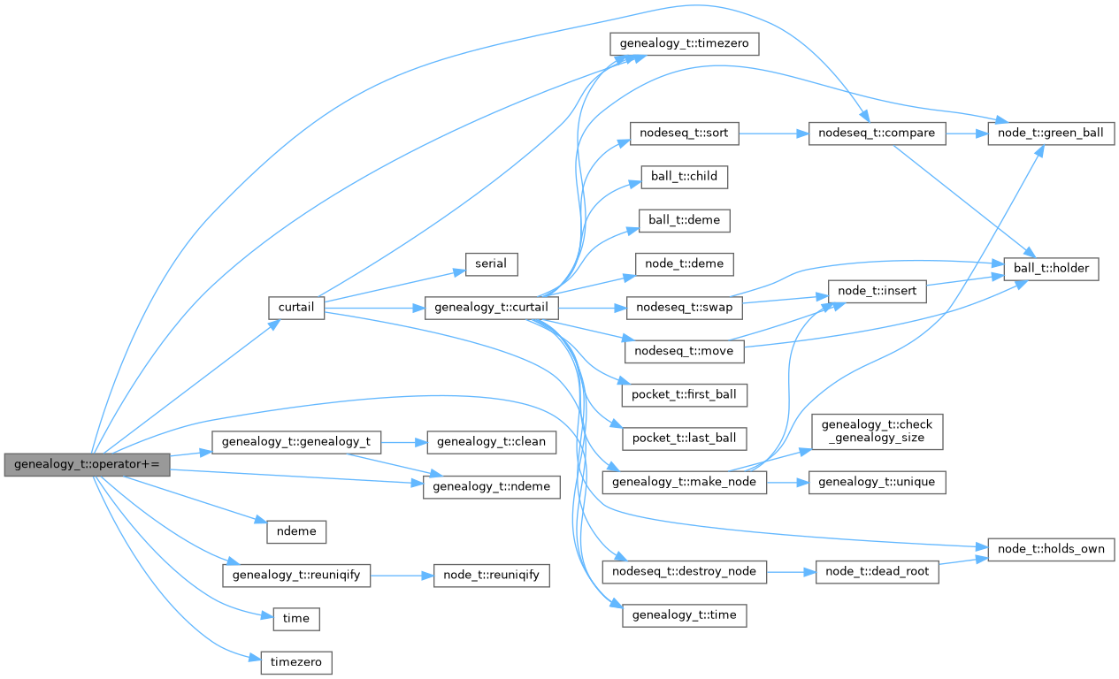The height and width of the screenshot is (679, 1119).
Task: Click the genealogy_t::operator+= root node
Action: pyautogui.click(x=86, y=465)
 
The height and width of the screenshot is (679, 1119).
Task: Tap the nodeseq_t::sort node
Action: pyautogui.click(x=684, y=134)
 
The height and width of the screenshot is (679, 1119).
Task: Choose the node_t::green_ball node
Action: pyautogui.click(x=1050, y=134)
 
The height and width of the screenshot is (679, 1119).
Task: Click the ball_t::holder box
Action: pyautogui.click(x=1051, y=267)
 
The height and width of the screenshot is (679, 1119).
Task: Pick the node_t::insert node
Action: pyautogui.click(x=877, y=289)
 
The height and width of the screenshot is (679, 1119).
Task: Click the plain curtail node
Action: pyautogui.click(x=296, y=308)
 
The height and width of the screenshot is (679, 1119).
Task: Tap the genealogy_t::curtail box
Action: pyautogui.click(x=492, y=308)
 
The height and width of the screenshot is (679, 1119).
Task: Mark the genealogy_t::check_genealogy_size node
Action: pyautogui.click(x=878, y=432)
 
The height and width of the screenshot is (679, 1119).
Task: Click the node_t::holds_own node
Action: pyautogui.click(x=1050, y=549)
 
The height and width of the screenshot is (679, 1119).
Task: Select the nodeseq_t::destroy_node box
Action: pyautogui.click(x=684, y=571)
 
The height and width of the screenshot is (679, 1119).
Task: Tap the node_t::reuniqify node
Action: pyautogui.click(x=491, y=576)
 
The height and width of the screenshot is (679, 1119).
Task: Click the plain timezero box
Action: pyautogui.click(x=296, y=661)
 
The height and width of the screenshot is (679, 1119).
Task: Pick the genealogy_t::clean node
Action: pyautogui.click(x=491, y=441)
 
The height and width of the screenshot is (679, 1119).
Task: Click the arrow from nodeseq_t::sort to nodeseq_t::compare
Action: pyautogui.click(x=773, y=134)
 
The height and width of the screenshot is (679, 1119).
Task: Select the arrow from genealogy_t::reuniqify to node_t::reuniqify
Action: pyautogui.click(x=401, y=576)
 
